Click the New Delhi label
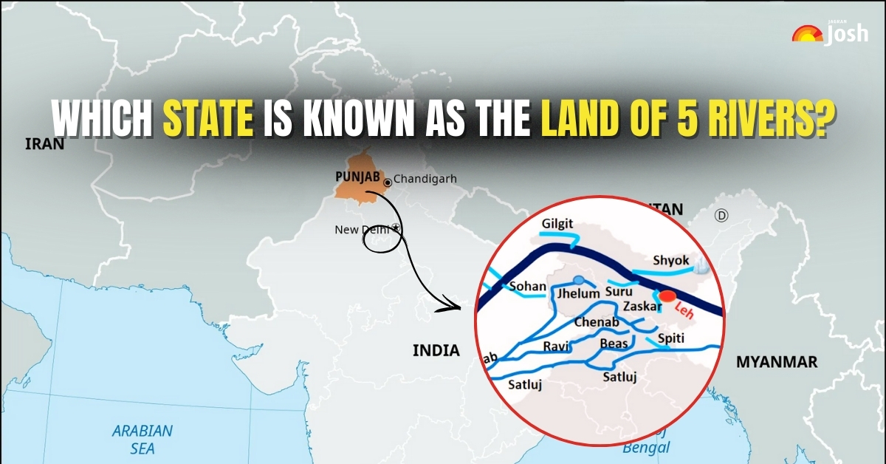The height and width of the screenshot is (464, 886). (364, 230)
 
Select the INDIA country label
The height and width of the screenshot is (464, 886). (436, 350)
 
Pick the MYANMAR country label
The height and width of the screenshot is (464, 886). (776, 362)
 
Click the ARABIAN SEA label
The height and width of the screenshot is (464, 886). (142, 438)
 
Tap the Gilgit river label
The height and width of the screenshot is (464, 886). (557, 224)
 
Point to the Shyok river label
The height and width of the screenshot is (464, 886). (670, 261)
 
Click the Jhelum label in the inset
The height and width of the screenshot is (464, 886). (579, 294)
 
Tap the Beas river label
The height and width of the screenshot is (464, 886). (614, 344)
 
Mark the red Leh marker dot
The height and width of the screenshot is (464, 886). (667, 296)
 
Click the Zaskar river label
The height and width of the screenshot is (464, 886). (639, 304)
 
